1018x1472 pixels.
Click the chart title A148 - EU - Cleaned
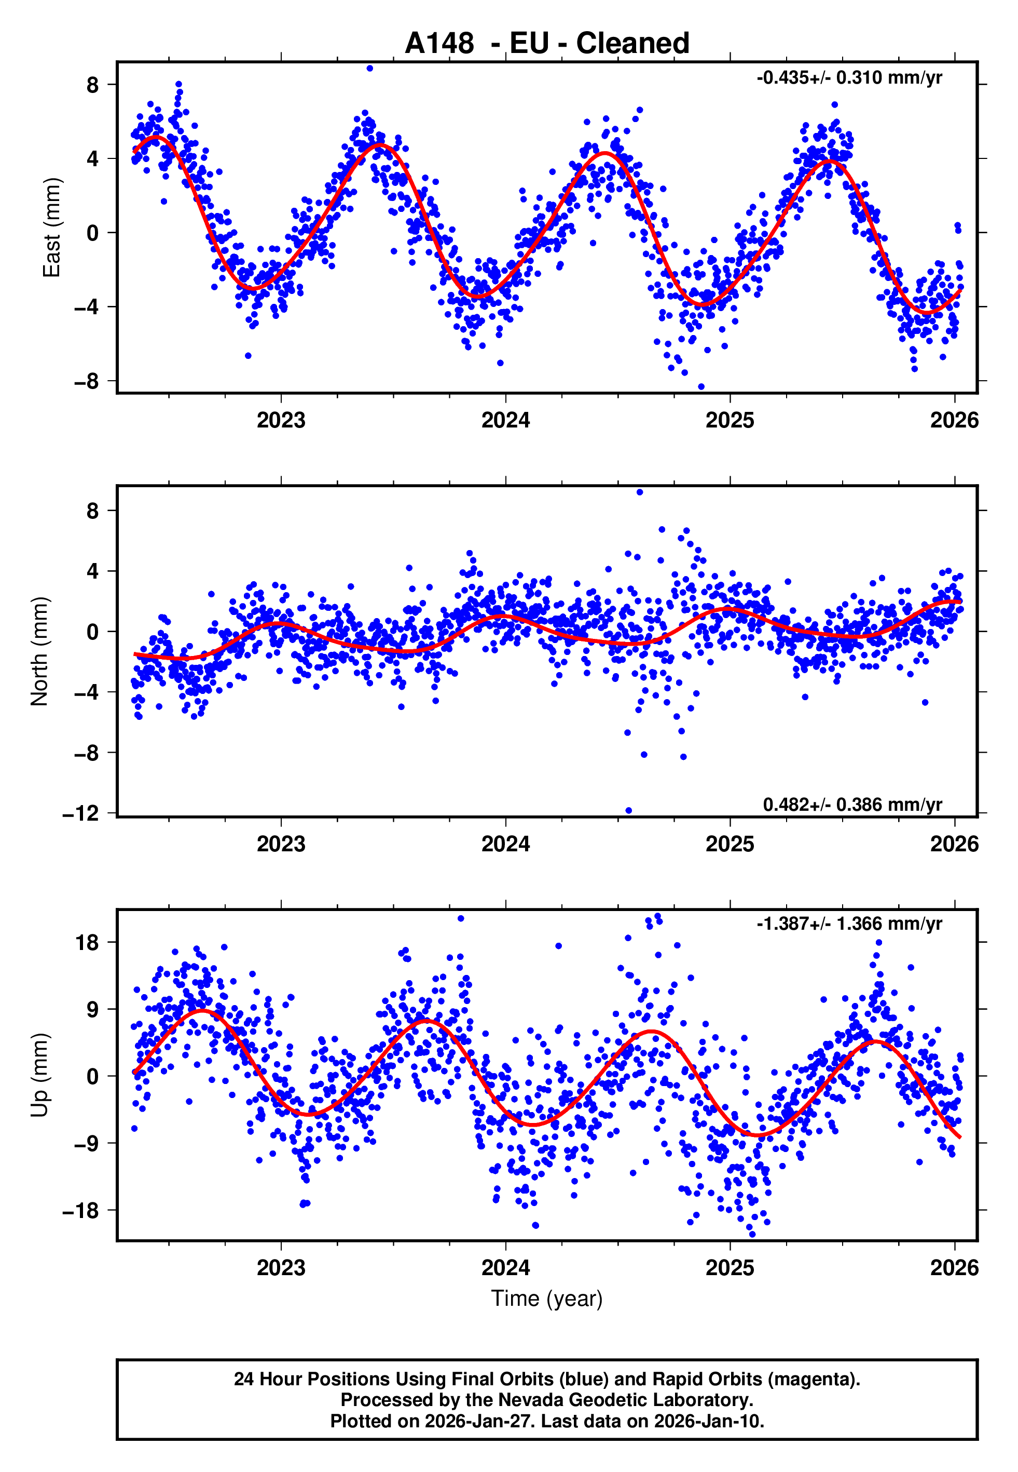click(x=547, y=44)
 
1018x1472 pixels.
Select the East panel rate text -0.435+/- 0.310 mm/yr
click(x=848, y=78)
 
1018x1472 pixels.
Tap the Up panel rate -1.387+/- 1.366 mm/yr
click(x=848, y=924)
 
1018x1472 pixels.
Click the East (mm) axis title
click(x=52, y=228)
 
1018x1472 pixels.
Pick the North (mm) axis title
click(x=39, y=651)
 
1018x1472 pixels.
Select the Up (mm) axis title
click(x=39, y=1075)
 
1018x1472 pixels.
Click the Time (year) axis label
click(x=547, y=1299)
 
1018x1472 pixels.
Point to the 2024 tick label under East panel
click(x=505, y=420)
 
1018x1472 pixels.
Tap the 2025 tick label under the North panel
click(x=729, y=844)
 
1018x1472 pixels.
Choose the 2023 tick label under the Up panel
click(x=281, y=1268)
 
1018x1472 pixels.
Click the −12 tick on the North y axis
click(x=81, y=813)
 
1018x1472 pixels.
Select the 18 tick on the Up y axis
click(x=87, y=942)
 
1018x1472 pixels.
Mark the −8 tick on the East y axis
click(x=87, y=381)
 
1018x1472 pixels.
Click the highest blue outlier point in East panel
click(x=370, y=68)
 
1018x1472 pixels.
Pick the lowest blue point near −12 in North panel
click(x=628, y=811)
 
